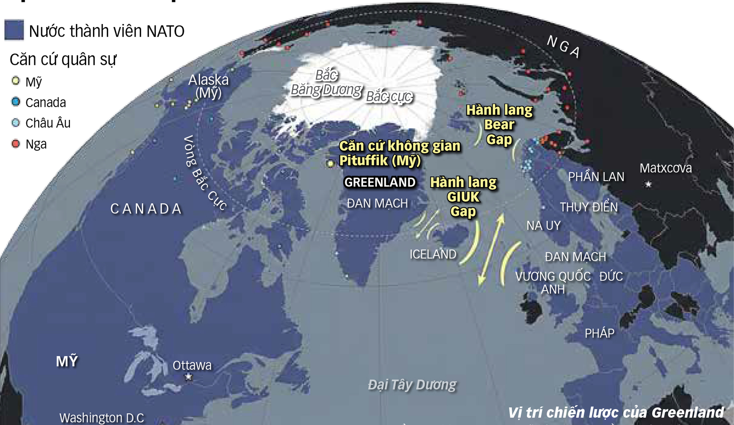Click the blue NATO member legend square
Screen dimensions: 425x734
14,30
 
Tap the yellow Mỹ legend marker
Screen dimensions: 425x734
15,81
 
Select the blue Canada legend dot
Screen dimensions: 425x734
15,102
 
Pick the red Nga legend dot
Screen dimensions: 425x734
15,144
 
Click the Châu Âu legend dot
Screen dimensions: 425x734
15,123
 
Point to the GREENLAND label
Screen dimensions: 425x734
380,182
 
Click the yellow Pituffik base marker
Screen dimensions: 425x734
330,164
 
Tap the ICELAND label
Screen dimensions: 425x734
433,254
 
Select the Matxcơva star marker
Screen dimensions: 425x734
649,184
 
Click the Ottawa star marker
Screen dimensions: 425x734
189,376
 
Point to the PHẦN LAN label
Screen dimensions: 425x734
596,177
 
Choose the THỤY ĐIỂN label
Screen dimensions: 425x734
589,207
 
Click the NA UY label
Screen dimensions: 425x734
543,226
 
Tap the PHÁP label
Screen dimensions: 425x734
599,333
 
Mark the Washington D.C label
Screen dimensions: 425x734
102,418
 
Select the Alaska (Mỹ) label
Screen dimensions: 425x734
209,86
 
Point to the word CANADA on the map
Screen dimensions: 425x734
146,209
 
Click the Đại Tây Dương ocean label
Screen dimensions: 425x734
412,385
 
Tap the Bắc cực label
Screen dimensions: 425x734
389,97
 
